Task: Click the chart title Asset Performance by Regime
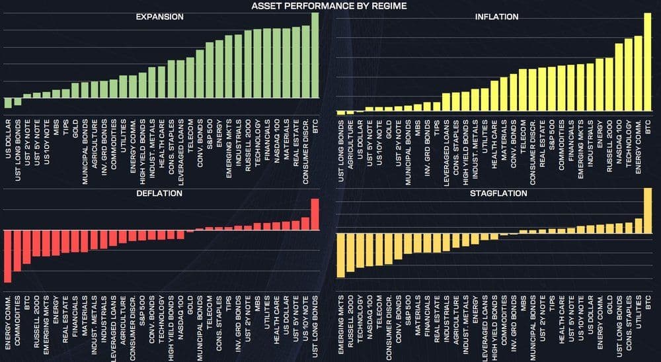pyautogui.click(x=329, y=6)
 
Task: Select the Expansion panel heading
pyautogui.click(x=159, y=17)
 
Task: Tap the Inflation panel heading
pyautogui.click(x=496, y=17)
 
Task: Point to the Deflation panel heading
pyautogui.click(x=159, y=193)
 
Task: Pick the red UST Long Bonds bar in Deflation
pyautogui.click(x=315, y=214)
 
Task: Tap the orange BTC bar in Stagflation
pyautogui.click(x=648, y=210)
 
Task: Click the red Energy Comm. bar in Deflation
pyautogui.click(x=8, y=255)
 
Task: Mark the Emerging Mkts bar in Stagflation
pyautogui.click(x=340, y=255)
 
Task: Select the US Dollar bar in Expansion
pyautogui.click(x=8, y=103)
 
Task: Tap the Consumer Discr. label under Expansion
pyautogui.click(x=305, y=146)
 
